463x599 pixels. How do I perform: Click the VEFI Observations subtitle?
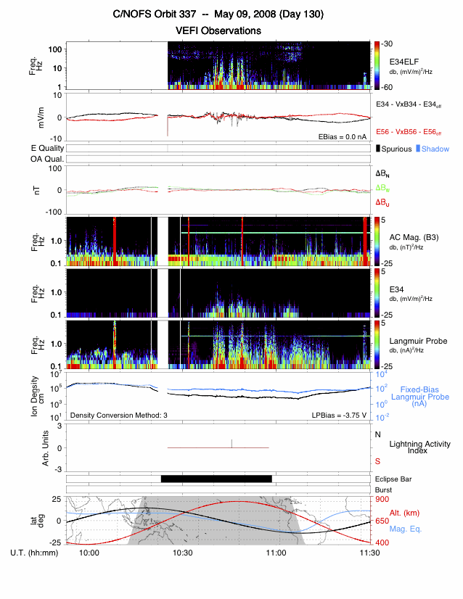point(218,30)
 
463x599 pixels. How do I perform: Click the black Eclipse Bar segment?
point(216,479)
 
